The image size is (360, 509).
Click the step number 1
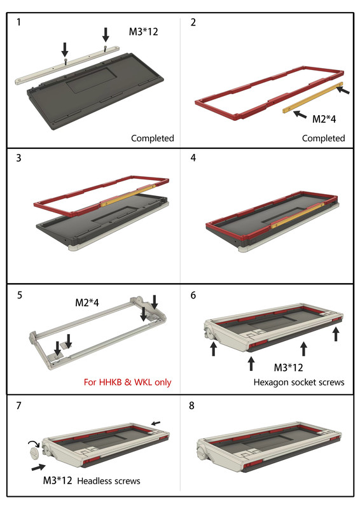18,22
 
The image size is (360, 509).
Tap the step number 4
193,158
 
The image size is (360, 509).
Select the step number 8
192,405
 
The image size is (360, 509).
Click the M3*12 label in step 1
143,32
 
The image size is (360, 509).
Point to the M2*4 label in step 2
324,119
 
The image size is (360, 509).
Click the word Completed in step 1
153,138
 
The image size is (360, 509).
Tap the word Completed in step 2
323,138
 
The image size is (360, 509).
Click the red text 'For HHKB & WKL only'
128,382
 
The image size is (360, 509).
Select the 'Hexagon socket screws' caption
299,382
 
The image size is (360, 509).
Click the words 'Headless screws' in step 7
109,481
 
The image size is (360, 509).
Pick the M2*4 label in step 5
87,303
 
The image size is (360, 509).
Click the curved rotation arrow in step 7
34,443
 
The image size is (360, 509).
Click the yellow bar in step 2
312,97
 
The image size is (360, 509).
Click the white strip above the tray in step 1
67,65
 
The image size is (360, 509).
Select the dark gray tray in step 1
95,92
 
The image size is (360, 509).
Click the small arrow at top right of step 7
156,423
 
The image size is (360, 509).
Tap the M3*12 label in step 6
288,368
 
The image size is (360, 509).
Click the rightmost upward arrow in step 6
336,334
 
